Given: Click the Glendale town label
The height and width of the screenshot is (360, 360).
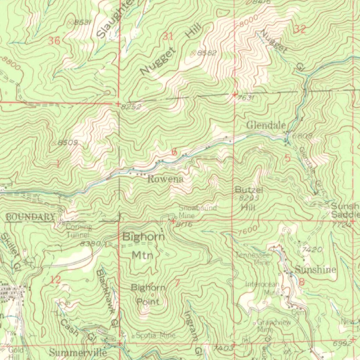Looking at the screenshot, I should tap(265, 125).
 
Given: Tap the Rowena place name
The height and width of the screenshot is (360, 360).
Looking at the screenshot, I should tap(165, 179).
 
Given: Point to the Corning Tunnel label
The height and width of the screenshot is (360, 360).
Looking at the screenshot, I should tap(79, 231).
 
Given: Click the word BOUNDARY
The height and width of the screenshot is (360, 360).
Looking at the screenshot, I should tap(31, 217).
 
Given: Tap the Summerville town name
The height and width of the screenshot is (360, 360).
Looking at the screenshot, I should tap(78, 352).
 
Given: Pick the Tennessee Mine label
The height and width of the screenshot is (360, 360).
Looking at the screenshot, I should tap(253, 259).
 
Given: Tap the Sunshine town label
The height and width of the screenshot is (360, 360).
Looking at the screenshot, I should tap(315, 270).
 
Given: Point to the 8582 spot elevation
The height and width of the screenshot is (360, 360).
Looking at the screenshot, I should tap(206, 53).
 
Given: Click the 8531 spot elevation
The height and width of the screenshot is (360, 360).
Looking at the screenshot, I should tap(83, 22).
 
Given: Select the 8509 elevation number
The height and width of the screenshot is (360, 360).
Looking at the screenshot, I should tap(67, 143).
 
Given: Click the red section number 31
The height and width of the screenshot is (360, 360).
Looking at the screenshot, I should tap(168, 36).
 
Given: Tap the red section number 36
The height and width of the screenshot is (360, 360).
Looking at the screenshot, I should tap(54, 41).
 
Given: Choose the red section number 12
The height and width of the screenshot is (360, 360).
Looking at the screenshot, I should tap(56, 280).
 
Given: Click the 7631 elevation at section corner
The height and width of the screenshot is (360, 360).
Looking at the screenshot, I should tap(245, 98).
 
